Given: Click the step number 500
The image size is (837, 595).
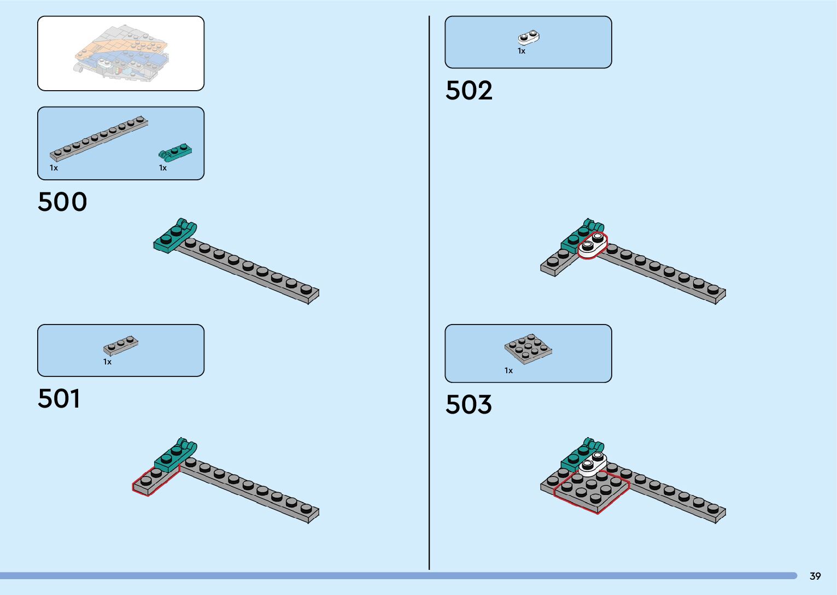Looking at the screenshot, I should (x=62, y=202).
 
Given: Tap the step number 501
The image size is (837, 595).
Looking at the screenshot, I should (x=59, y=399).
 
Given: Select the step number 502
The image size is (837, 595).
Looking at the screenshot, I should (x=469, y=91).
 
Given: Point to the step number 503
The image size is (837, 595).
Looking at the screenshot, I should (x=469, y=405).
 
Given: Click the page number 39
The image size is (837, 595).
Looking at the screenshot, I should (x=815, y=576).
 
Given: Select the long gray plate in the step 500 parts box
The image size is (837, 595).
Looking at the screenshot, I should (x=99, y=139).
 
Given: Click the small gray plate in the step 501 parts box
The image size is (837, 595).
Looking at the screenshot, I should (x=121, y=345).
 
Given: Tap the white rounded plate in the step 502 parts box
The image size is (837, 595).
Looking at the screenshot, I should (x=529, y=37).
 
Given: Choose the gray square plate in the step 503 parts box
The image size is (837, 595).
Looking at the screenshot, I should (x=528, y=349).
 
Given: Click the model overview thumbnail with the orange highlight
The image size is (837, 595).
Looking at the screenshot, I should (x=121, y=53).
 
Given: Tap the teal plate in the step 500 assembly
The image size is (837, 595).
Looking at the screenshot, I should (x=174, y=236).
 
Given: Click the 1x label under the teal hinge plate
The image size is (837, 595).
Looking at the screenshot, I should (x=163, y=168).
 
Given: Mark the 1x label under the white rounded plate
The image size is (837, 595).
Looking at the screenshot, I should (x=522, y=51).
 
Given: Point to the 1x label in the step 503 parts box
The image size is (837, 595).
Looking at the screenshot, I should (x=508, y=371).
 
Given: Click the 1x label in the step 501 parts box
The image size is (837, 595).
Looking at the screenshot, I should (x=107, y=362).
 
